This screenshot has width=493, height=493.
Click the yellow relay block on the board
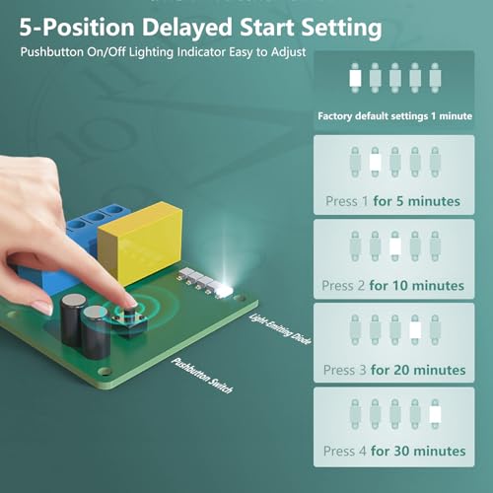point(141,243)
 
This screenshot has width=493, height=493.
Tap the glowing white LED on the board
point(224,290)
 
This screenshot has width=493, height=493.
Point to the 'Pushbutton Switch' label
point(202,375)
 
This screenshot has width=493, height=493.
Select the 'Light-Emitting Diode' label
point(280,329)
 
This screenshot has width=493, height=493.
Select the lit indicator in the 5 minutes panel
point(375,162)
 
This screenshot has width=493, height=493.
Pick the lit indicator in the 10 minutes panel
point(395,246)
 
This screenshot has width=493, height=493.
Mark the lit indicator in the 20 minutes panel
point(415,330)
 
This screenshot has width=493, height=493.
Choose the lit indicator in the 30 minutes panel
point(435,414)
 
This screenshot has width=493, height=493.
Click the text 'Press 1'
point(347,201)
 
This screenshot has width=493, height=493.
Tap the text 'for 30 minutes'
point(418,451)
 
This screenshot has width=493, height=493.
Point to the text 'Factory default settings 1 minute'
point(394,116)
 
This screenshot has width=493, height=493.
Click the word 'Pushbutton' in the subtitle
point(52,52)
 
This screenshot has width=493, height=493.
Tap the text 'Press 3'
point(344,370)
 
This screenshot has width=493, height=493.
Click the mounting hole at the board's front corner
point(106,371)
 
